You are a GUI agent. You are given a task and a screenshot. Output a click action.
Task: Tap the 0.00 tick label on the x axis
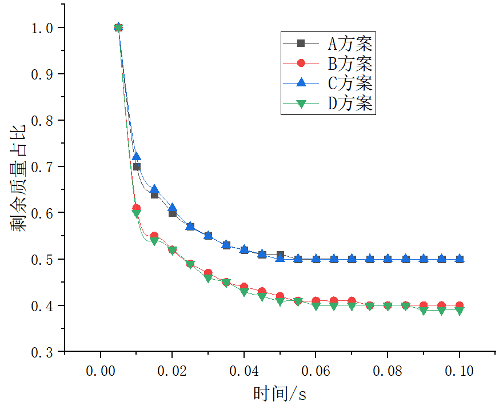point(101,371)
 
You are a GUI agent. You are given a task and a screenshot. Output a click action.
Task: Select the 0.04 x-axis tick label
point(244,371)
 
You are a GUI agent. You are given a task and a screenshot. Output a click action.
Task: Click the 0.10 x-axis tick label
point(459,371)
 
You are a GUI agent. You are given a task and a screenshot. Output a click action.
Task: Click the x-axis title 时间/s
point(280,394)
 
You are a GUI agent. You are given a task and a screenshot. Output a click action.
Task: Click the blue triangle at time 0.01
point(136,157)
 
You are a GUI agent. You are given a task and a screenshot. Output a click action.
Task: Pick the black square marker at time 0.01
point(137,167)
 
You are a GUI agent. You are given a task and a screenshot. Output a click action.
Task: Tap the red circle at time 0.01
point(136,209)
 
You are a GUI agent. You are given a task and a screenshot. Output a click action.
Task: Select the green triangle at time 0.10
point(459,311)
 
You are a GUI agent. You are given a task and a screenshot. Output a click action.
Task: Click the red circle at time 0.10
point(459,305)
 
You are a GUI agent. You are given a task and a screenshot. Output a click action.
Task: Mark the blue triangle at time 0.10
point(459,259)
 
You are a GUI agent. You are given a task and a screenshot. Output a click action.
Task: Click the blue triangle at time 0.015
point(154,189)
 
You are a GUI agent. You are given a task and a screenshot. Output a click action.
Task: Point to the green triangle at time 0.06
point(316,306)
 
